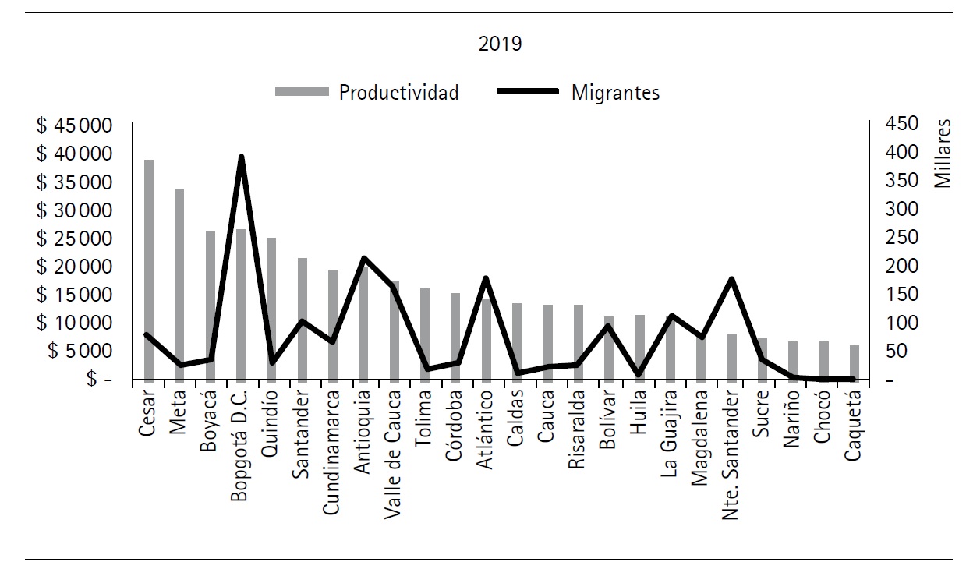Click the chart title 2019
500,44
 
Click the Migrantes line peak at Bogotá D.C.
242,157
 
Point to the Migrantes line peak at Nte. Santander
731,279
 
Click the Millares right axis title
943,154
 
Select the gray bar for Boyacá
210,305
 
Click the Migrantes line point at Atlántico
486,278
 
